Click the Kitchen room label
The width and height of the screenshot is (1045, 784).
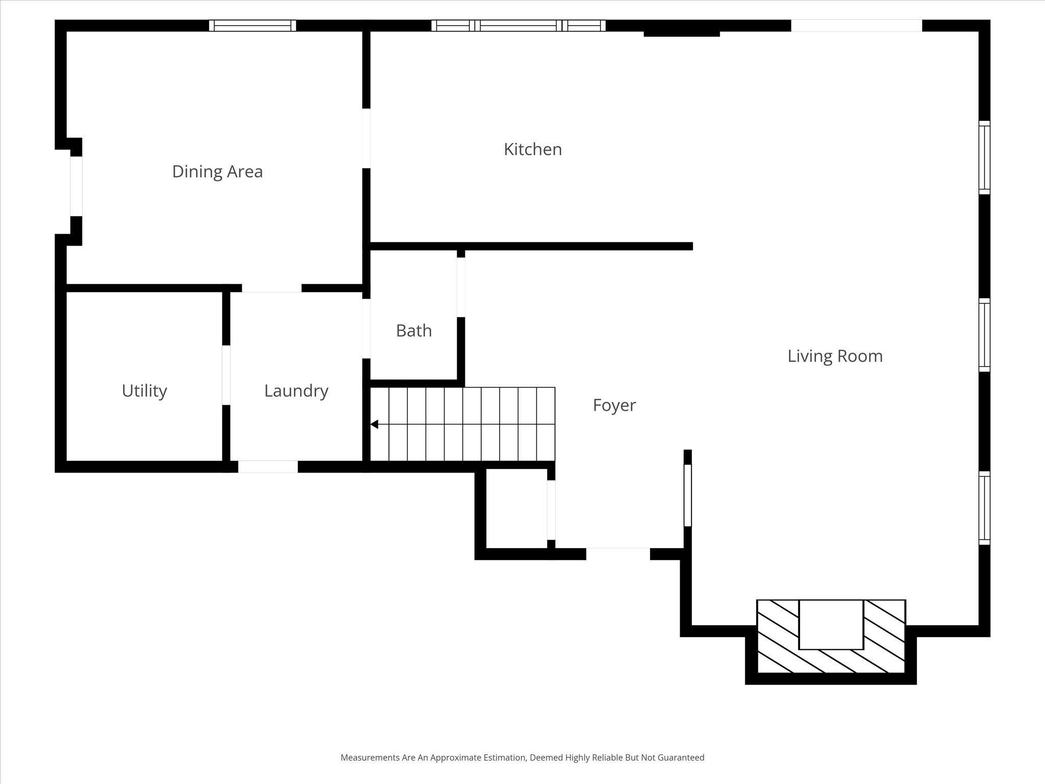(533, 149)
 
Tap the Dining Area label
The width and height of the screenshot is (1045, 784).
(217, 171)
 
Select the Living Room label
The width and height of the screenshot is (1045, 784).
(835, 356)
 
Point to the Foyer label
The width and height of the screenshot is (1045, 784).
(614, 405)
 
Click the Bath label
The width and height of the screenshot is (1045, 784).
(414, 331)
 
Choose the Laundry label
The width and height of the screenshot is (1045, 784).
(296, 390)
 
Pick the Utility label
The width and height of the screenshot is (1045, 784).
(144, 390)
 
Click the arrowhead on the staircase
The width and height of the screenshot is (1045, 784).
(374, 424)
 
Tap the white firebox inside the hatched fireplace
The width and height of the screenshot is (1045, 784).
(831, 624)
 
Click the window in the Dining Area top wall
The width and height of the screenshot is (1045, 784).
(253, 26)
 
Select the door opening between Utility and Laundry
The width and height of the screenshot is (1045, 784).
(226, 375)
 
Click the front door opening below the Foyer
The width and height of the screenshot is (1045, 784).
(618, 554)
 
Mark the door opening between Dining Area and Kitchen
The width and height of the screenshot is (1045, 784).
(366, 138)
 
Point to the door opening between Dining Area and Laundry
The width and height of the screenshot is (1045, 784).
(271, 288)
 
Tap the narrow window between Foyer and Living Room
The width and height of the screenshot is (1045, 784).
(687, 495)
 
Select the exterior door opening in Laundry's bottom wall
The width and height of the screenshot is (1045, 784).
(268, 467)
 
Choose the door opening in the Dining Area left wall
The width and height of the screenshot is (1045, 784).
(76, 186)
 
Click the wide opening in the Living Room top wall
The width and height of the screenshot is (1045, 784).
(856, 26)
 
